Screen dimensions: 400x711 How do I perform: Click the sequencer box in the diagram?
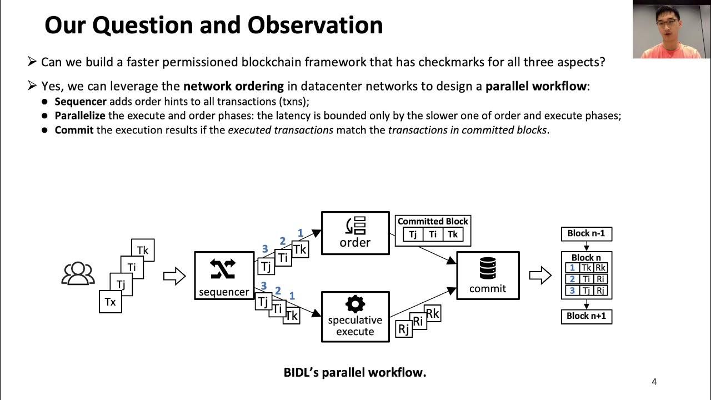click(223, 276)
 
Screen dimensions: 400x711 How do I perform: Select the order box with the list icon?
click(355, 233)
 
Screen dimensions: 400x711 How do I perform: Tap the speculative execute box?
click(355, 317)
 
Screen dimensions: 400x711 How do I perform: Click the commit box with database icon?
click(488, 276)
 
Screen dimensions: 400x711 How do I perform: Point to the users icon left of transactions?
click(78, 273)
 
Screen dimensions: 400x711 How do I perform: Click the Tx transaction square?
click(110, 302)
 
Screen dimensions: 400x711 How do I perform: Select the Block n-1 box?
click(586, 233)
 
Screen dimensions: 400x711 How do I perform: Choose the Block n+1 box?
click(586, 316)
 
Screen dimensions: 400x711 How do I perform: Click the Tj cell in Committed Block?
click(413, 234)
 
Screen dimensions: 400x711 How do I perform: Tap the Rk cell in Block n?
click(600, 268)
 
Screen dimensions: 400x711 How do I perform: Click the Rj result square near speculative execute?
click(403, 329)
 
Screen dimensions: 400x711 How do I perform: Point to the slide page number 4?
click(654, 382)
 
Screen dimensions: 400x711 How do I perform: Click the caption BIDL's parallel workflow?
click(355, 372)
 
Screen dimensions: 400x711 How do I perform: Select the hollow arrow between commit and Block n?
click(540, 275)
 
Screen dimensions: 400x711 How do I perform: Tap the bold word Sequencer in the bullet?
click(81, 102)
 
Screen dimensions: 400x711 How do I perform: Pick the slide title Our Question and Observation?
click(214, 25)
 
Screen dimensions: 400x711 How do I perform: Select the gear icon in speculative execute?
click(355, 304)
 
